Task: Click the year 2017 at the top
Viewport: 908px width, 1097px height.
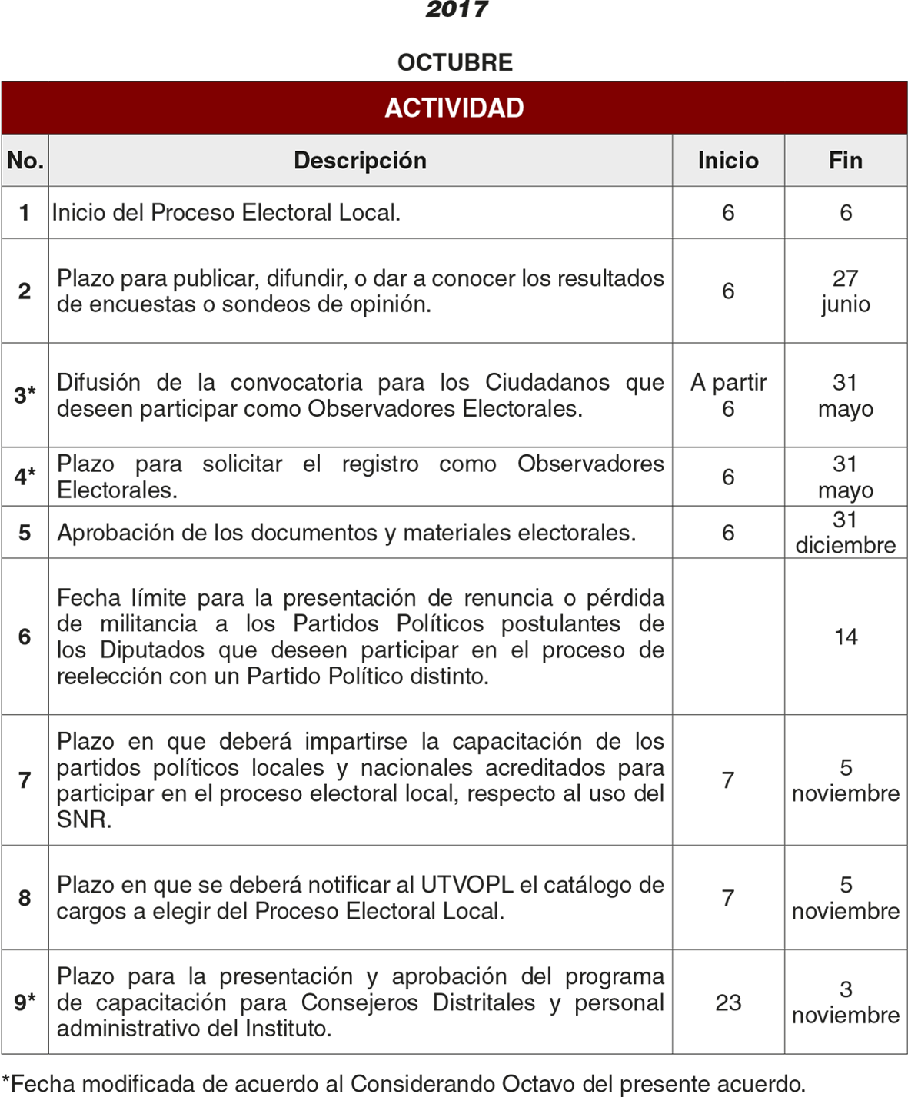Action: tap(457, 9)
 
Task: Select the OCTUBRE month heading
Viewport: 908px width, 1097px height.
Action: tap(454, 62)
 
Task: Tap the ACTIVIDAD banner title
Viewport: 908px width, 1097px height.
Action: tap(454, 108)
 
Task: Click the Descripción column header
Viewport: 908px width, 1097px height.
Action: tap(360, 161)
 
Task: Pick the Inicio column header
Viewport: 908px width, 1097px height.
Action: tap(728, 161)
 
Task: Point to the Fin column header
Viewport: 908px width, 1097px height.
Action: tap(846, 161)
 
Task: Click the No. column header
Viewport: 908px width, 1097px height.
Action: tap(25, 161)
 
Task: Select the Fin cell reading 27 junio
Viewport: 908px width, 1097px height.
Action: tap(846, 291)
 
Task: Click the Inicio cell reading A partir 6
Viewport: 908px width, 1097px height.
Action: tap(728, 395)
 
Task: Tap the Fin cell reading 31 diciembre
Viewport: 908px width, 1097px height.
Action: tap(846, 532)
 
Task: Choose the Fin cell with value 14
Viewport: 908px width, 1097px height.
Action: tap(846, 637)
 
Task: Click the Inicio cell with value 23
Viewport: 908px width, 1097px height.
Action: tap(728, 1002)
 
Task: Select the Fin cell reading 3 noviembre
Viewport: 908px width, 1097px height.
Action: tap(846, 1002)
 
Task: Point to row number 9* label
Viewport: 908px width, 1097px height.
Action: tap(25, 1002)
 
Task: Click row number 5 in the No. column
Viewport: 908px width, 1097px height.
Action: tap(25, 533)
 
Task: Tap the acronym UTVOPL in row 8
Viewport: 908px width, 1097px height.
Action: tap(467, 885)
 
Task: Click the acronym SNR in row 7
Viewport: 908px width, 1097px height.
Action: tap(84, 819)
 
